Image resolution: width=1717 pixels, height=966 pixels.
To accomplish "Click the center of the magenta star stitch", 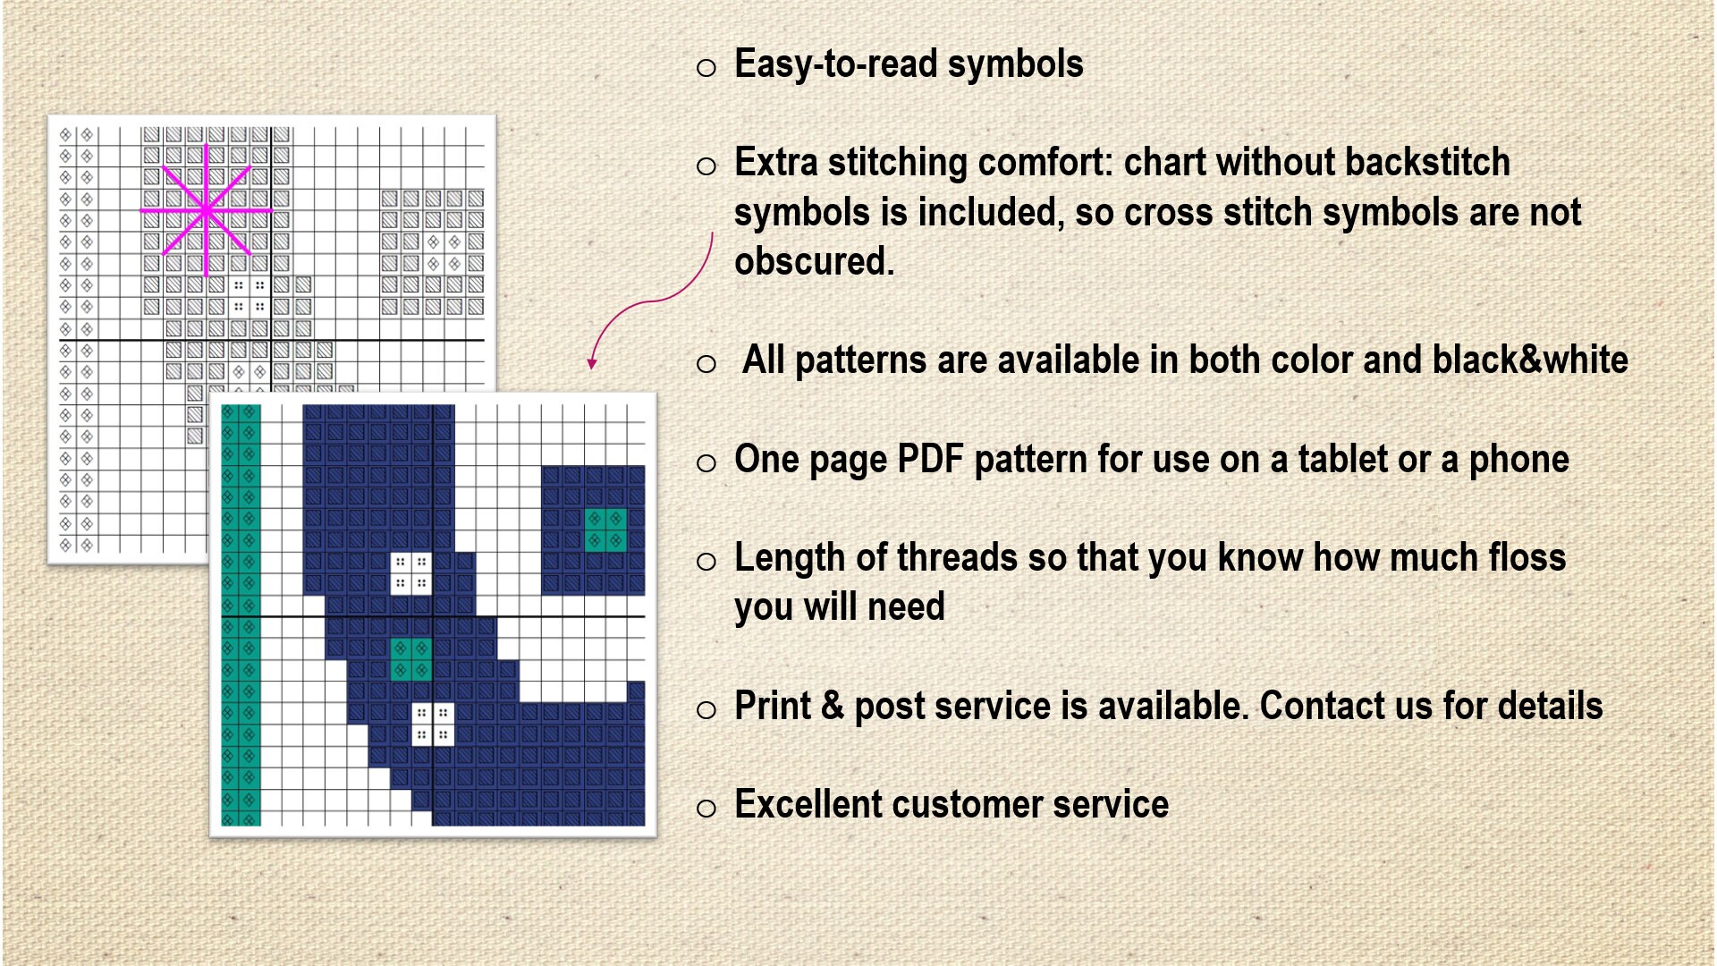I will [x=207, y=211].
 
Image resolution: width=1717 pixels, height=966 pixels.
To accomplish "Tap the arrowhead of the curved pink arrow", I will [x=592, y=364].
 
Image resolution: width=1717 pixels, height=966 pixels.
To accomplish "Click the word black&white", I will [x=1529, y=360].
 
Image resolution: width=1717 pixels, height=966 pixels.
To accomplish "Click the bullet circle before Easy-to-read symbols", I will [x=706, y=68].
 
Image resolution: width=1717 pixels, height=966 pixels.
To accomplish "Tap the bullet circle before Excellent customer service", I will [x=706, y=809].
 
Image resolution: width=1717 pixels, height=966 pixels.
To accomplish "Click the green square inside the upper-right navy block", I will [x=605, y=530].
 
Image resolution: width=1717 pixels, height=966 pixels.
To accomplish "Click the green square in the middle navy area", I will [x=410, y=659].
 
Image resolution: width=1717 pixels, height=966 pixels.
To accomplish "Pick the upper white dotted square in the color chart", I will [x=410, y=572].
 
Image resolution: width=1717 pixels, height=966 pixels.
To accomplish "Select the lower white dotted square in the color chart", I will [x=433, y=724].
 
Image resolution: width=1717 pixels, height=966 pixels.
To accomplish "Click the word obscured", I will [x=814, y=262].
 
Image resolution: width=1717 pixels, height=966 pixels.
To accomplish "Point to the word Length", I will [x=789, y=558].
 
